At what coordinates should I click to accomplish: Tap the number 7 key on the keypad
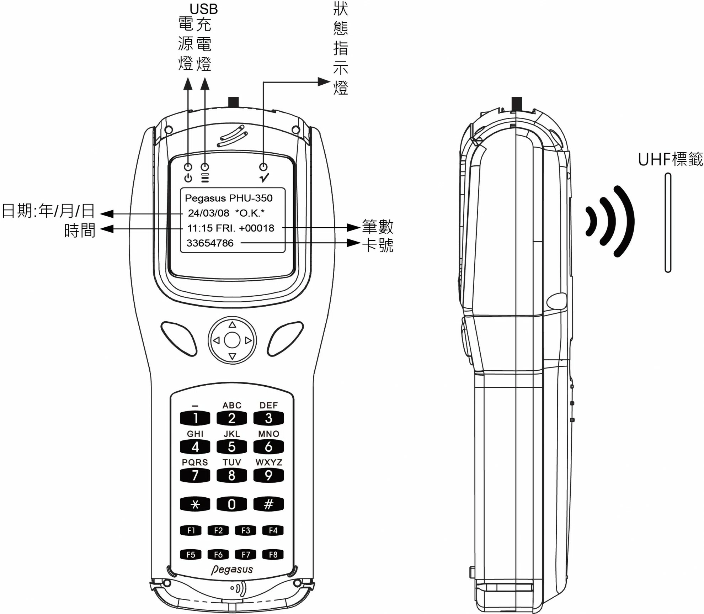(195, 475)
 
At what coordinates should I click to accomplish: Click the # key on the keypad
(268, 504)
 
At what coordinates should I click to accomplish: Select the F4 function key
(273, 530)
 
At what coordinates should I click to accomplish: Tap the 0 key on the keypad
(231, 504)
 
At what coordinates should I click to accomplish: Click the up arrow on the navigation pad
(232, 324)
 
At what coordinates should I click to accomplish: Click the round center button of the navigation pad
(232, 340)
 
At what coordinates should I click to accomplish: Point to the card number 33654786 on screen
(210, 243)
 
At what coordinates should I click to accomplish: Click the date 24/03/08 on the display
(208, 213)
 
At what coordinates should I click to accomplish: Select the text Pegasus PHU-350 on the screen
(229, 198)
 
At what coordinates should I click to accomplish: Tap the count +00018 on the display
(257, 228)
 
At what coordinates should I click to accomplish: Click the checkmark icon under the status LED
(264, 178)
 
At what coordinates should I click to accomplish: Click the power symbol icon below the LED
(188, 178)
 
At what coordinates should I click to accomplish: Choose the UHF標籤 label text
(670, 159)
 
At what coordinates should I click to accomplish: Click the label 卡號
(378, 245)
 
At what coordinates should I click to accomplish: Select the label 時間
(80, 231)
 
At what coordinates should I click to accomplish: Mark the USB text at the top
(203, 9)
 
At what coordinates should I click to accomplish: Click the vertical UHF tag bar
(668, 223)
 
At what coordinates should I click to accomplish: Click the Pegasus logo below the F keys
(232, 570)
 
